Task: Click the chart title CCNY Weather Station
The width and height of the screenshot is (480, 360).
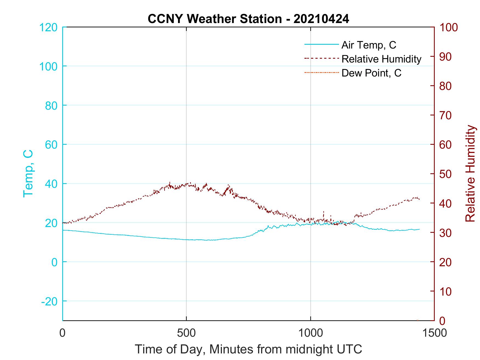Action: point(248,19)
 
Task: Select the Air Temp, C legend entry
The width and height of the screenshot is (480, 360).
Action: point(368,45)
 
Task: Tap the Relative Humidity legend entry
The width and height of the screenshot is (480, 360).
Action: point(381,59)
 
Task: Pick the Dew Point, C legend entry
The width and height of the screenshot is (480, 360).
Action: point(371,73)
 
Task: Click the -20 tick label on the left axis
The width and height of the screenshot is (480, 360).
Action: point(49,301)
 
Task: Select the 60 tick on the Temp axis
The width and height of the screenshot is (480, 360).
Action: point(51,145)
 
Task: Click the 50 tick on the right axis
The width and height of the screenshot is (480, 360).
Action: point(446,174)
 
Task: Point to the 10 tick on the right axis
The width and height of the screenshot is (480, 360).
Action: point(446,291)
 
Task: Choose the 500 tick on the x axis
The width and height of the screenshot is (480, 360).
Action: point(186,333)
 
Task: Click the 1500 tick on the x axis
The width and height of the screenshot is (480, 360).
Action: point(434,333)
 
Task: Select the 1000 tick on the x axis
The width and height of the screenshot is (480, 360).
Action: point(310,333)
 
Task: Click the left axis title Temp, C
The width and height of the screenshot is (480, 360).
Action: point(28,174)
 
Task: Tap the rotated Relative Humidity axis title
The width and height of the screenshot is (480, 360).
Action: point(470,174)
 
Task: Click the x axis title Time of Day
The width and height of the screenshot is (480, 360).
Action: point(248,349)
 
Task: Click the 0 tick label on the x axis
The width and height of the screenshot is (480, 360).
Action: point(63,333)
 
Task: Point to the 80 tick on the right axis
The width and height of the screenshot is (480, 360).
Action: point(446,86)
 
